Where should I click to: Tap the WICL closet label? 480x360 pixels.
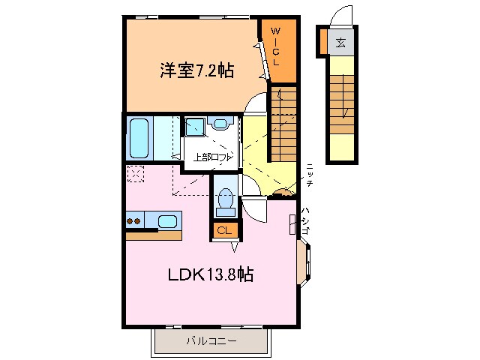click(275, 46)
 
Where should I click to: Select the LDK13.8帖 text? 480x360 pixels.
click(209, 274)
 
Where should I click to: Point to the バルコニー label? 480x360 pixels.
click(211, 341)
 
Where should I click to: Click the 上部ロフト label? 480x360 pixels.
click(212, 157)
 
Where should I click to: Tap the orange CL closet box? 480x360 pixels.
click(225, 230)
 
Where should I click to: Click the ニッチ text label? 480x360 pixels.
click(309, 174)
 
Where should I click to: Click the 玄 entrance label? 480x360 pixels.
click(340, 42)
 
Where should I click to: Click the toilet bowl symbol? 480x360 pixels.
click(225, 199)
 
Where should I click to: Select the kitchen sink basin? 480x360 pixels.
click(168, 220)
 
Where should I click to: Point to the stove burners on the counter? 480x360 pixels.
click(134, 220)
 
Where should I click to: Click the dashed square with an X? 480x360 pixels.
click(136, 173)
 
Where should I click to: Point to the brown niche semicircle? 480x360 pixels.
click(283, 193)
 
